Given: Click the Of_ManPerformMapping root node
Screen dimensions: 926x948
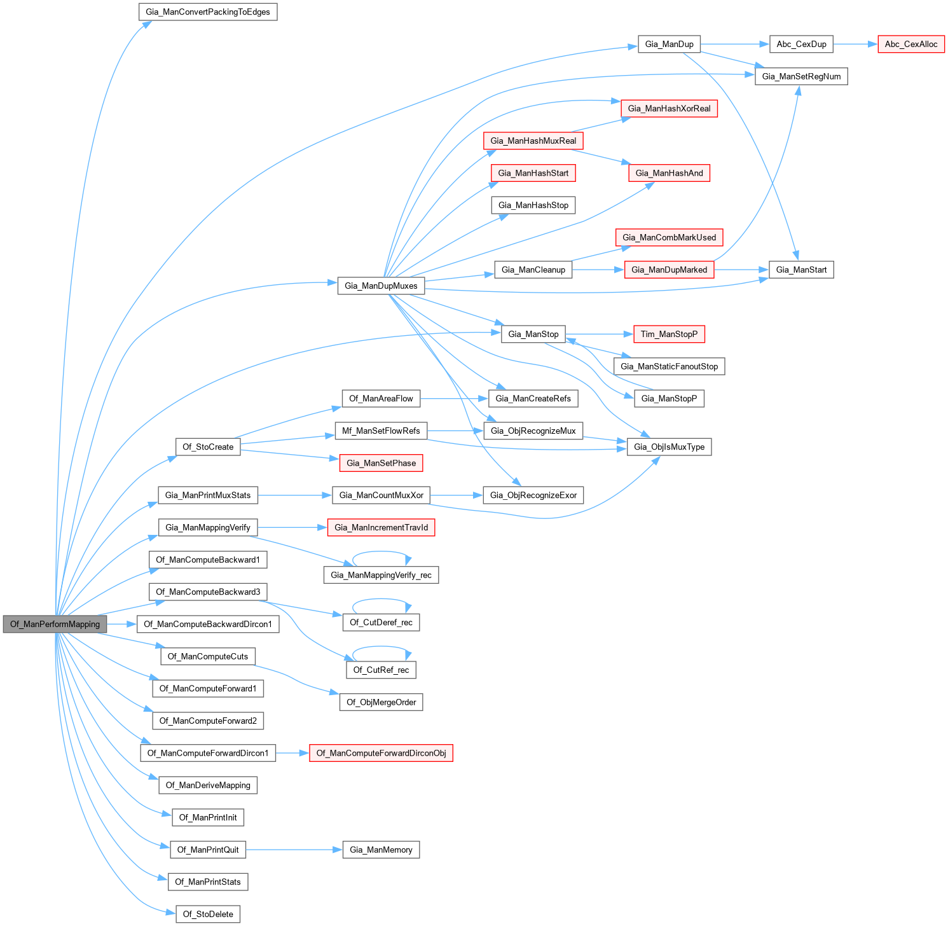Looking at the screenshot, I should pyautogui.click(x=55, y=624).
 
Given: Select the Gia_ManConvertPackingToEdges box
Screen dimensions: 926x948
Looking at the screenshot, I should pyautogui.click(x=208, y=12).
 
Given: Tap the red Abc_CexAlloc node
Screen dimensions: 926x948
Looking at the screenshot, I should pyautogui.click(x=910, y=44).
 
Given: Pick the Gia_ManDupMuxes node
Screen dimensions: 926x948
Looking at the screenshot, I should pyautogui.click(x=381, y=286).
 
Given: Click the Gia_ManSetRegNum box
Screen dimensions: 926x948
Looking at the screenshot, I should pyautogui.click(x=801, y=76).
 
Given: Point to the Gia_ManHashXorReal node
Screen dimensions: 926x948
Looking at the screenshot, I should pyautogui.click(x=669, y=109).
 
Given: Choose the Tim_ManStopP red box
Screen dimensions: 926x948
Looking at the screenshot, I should pyautogui.click(x=669, y=334).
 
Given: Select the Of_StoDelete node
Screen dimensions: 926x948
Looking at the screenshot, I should pyautogui.click(x=208, y=914).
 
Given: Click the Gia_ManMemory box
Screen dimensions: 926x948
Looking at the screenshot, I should pyautogui.click(x=381, y=850).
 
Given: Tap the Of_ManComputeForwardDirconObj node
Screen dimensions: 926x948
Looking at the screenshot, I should pyautogui.click(x=381, y=753).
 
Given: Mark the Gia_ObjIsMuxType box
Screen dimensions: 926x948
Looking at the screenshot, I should pyautogui.click(x=669, y=447).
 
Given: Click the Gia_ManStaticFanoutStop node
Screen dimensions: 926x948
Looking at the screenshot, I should pyautogui.click(x=669, y=366).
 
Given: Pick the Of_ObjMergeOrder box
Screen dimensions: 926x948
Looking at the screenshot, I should pyautogui.click(x=381, y=702).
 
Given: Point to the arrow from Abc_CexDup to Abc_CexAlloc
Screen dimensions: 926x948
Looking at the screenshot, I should pyautogui.click(x=855, y=44).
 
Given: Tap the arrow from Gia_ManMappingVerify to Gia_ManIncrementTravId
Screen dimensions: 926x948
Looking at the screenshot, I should pyautogui.click(x=292, y=527).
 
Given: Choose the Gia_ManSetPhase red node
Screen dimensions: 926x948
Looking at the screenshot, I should pyautogui.click(x=381, y=463).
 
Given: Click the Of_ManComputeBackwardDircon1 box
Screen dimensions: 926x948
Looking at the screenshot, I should pyautogui.click(x=208, y=624).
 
